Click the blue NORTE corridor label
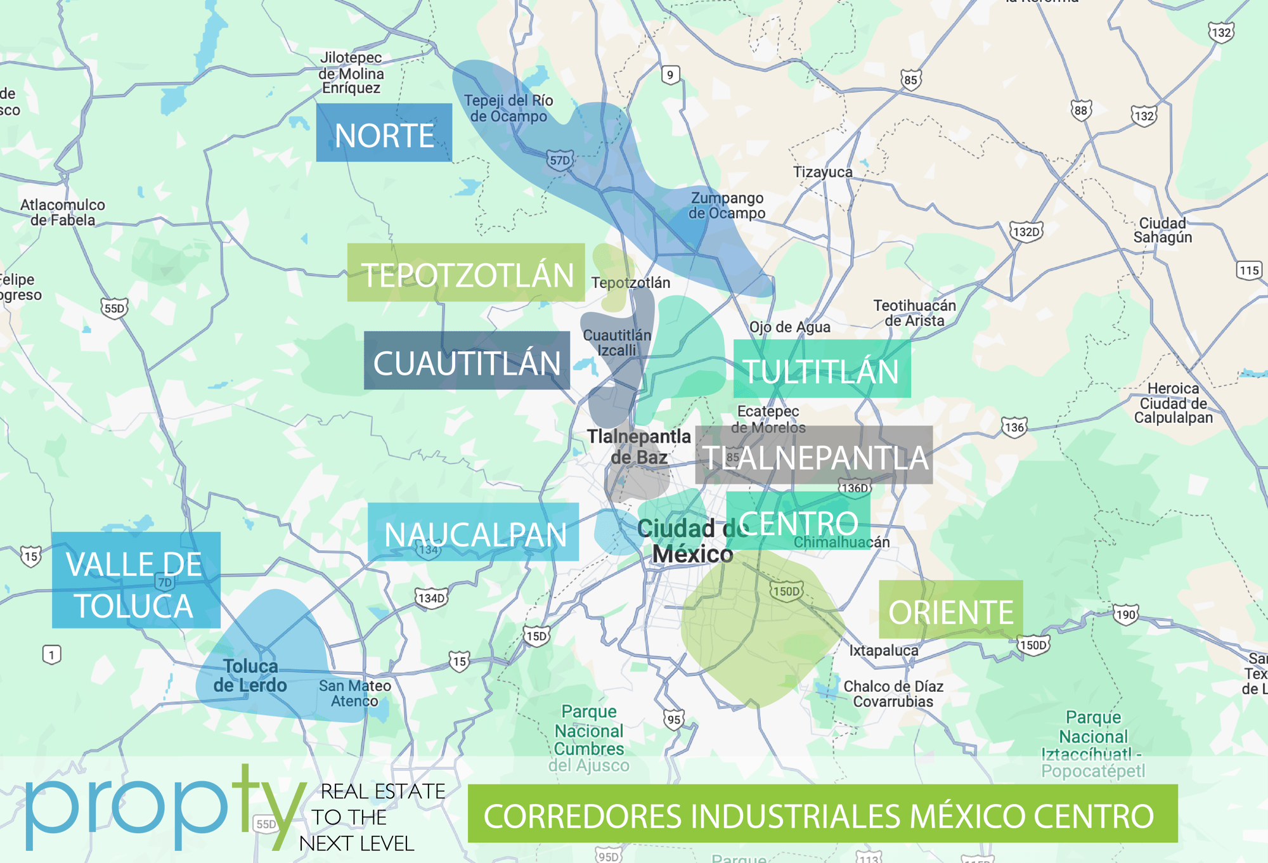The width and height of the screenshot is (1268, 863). pyautogui.click(x=384, y=133)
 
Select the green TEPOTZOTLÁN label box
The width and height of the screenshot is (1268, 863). pyautogui.click(x=466, y=273)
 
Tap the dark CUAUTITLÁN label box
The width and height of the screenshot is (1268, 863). pyautogui.click(x=467, y=360)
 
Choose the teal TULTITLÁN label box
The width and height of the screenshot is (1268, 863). pyautogui.click(x=822, y=369)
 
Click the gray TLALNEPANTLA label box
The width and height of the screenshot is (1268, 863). pyautogui.click(x=814, y=455)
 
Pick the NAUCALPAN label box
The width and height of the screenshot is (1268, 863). pyautogui.click(x=473, y=532)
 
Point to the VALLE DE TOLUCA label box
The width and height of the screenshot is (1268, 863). pyautogui.click(x=136, y=580)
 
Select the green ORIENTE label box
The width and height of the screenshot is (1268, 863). pyautogui.click(x=950, y=609)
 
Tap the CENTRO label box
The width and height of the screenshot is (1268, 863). pyautogui.click(x=798, y=522)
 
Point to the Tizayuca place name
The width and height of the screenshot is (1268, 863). pyautogui.click(x=823, y=172)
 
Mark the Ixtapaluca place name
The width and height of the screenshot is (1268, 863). pyautogui.click(x=883, y=651)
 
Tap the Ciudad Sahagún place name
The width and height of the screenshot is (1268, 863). pyautogui.click(x=1163, y=230)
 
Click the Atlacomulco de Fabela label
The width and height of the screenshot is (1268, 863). pyautogui.click(x=62, y=212)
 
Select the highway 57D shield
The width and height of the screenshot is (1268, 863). pyautogui.click(x=560, y=160)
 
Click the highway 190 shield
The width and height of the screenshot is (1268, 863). pyautogui.click(x=1126, y=614)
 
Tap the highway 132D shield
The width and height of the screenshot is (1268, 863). pyautogui.click(x=1026, y=231)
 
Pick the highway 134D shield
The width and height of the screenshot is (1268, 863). pyautogui.click(x=432, y=598)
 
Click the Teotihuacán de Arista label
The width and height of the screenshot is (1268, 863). pyautogui.click(x=914, y=313)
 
